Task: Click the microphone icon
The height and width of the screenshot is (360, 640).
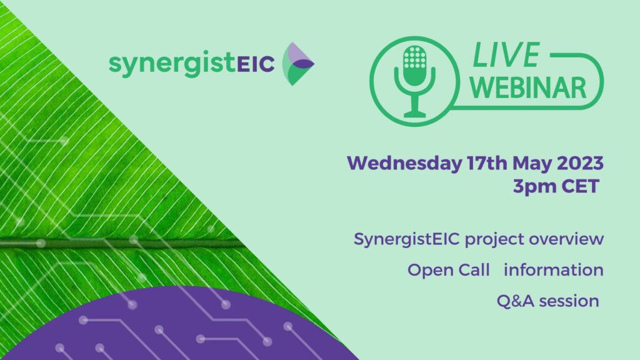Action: point(414,81)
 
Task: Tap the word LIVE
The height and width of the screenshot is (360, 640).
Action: point(506,55)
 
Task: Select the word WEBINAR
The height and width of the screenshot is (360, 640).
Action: point(528,87)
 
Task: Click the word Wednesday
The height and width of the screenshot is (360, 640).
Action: point(404,163)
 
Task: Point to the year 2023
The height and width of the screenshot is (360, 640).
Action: point(580,163)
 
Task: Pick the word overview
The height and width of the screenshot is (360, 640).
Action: point(566,239)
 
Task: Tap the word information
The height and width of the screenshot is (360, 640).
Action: point(554,270)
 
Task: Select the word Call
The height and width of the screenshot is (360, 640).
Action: point(474,270)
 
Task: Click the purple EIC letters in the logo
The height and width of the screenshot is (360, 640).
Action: point(256,64)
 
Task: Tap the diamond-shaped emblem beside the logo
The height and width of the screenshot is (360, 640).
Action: point(298,64)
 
